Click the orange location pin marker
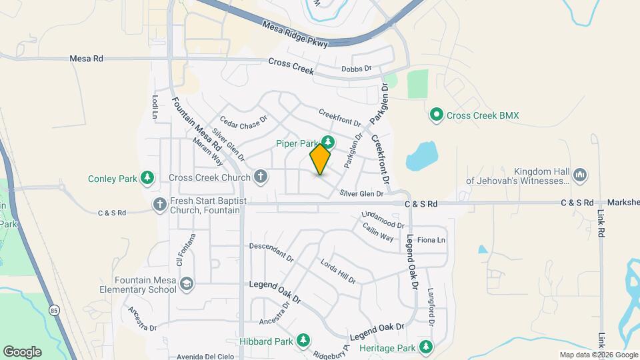click(320, 159)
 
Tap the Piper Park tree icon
click(327, 141)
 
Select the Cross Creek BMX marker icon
click(437, 115)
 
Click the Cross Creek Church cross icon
click(261, 177)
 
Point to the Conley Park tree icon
click(147, 178)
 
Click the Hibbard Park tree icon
click(303, 340)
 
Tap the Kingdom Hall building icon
click(579, 174)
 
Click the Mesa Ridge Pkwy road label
click(295, 35)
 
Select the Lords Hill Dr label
click(338, 271)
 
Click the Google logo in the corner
click(22, 352)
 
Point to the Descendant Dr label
click(271, 251)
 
